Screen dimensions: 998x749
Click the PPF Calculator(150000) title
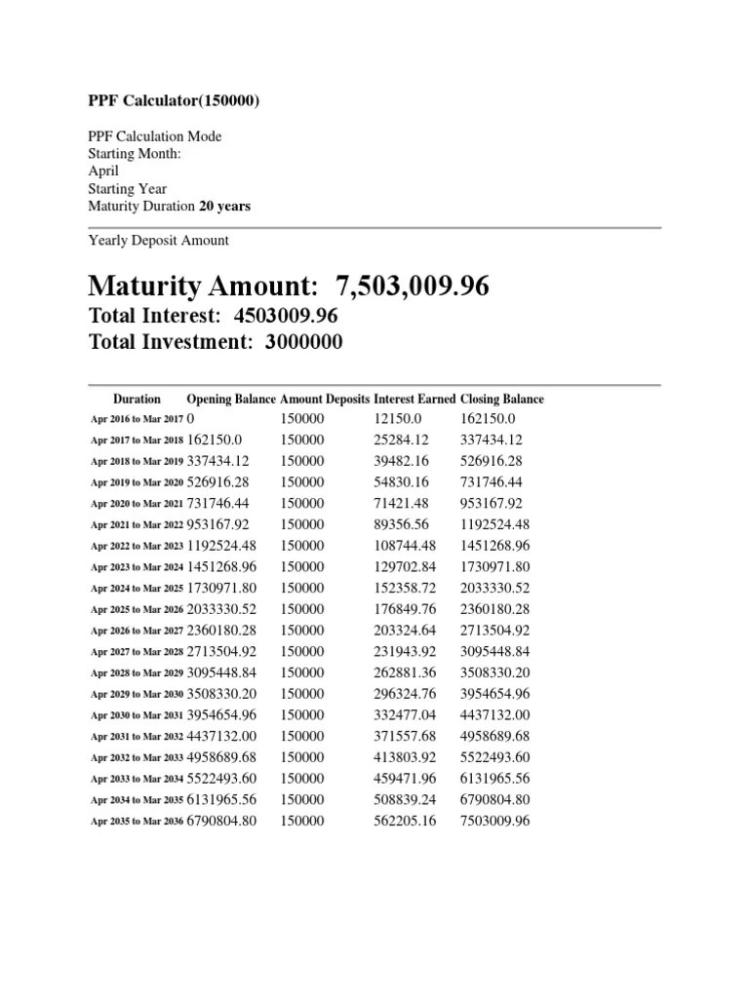click(x=175, y=101)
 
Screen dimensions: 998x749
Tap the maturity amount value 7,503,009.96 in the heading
click(x=413, y=286)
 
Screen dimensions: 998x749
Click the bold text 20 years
click(x=224, y=206)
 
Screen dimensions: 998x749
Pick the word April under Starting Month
click(x=103, y=171)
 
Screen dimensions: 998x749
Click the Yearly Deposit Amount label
click(x=159, y=240)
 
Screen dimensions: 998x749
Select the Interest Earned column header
click(x=414, y=399)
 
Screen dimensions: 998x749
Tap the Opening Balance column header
click(x=231, y=399)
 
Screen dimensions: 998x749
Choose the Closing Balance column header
click(x=501, y=399)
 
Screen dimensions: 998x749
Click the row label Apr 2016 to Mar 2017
click(x=137, y=419)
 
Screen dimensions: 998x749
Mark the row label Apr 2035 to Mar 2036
click(x=137, y=822)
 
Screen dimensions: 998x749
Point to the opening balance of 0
click(x=191, y=418)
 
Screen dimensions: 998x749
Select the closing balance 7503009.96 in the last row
click(x=494, y=821)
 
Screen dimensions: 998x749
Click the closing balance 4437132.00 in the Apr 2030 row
click(x=494, y=714)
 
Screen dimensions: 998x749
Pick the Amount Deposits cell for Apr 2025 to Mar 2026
click(x=302, y=609)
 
